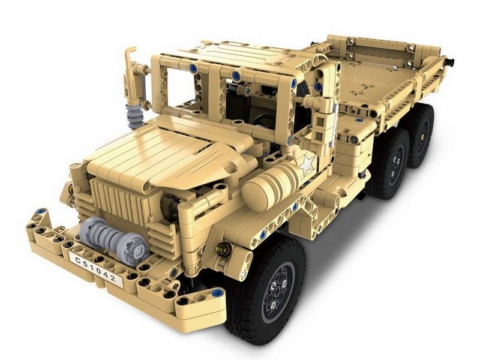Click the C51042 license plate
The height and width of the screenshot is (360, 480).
pos(95,269)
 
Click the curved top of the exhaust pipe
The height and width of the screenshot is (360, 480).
pos(131,52)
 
